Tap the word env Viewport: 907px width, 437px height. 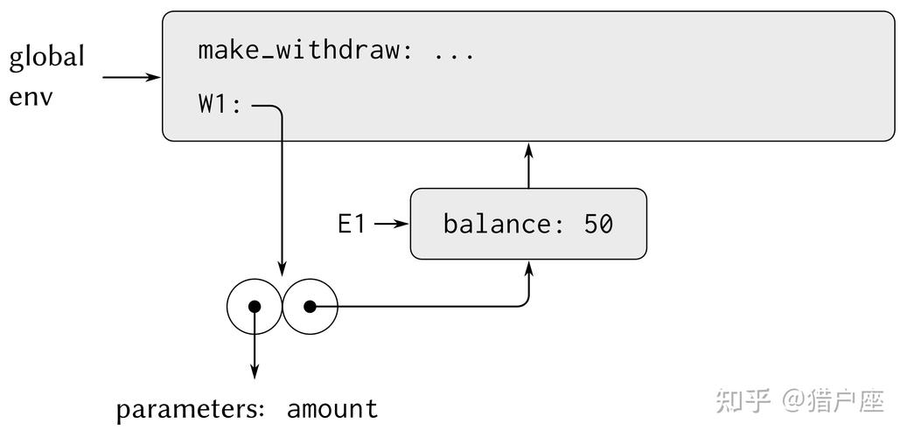coord(31,97)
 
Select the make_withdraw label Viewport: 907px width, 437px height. coord(298,51)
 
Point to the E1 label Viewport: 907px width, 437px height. coord(352,225)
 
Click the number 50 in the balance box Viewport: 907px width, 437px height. coord(598,225)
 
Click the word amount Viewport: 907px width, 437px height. coord(332,409)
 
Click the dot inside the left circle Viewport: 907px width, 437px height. coord(255,307)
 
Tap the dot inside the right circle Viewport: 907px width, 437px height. coord(310,307)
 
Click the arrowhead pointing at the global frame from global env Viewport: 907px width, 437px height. coord(153,77)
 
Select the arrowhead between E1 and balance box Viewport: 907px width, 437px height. coord(401,225)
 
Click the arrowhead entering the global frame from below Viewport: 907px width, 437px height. coord(528,150)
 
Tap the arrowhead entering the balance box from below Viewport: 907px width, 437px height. coord(528,268)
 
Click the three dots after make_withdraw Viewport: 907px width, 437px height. coord(454,57)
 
